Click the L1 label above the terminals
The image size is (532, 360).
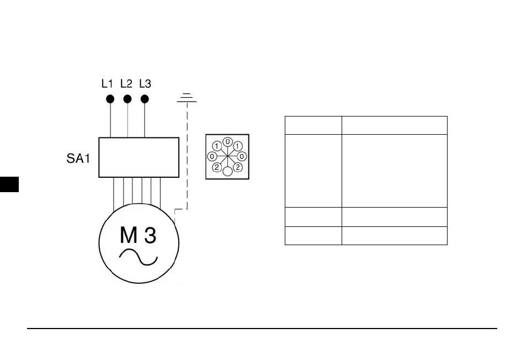[107, 84]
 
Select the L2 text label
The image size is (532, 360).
[126, 84]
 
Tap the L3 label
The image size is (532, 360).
[145, 84]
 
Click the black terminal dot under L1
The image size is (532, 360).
[110, 99]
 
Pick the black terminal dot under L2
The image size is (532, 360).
[127, 99]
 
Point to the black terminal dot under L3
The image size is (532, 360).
[145, 99]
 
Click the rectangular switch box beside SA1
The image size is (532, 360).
[139, 157]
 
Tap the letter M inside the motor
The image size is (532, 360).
[129, 236]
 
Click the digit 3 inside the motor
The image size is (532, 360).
[150, 236]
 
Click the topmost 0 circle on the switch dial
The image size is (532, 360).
[227, 142]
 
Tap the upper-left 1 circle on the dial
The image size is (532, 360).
[217, 146]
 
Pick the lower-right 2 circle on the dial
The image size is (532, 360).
[238, 167]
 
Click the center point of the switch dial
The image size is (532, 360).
[227, 157]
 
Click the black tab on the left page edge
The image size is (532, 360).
[9, 184]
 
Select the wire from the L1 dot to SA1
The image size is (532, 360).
[110, 120]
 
